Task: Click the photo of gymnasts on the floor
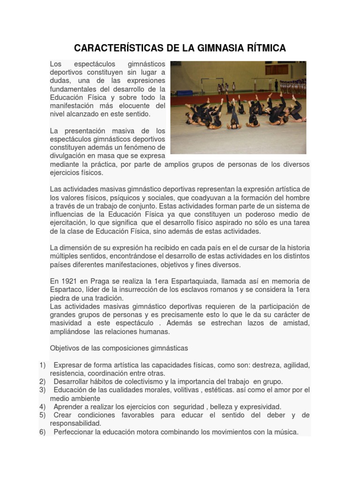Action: (238, 107)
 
